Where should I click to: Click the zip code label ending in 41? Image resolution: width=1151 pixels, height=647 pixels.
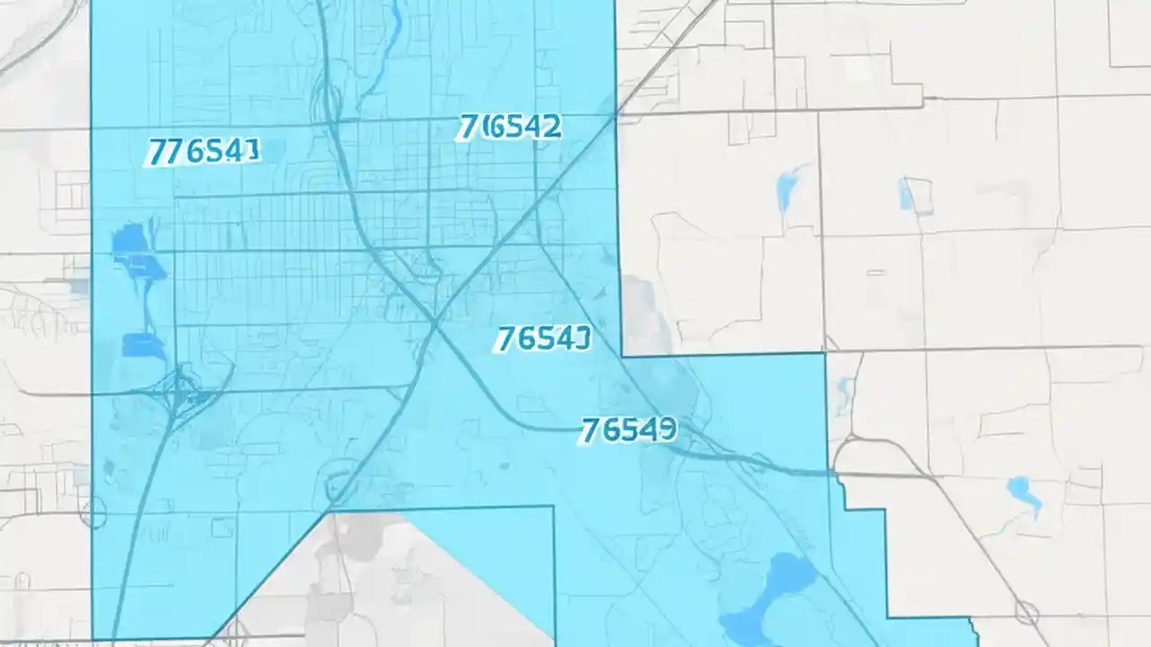[x=203, y=152]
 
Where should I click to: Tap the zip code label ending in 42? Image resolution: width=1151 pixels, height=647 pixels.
[x=509, y=128]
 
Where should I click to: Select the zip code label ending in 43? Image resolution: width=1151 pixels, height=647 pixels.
[x=543, y=339]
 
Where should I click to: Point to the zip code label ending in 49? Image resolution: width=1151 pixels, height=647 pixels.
[x=629, y=430]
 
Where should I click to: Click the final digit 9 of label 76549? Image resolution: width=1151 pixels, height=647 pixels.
[x=666, y=430]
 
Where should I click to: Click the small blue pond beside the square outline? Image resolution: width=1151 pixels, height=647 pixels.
[x=906, y=193]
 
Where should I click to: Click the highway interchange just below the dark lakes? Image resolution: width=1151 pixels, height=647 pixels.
[x=184, y=391]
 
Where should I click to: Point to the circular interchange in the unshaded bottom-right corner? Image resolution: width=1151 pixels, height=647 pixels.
[x=1027, y=613]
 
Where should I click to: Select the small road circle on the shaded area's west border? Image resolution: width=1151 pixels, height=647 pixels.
[x=94, y=513]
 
